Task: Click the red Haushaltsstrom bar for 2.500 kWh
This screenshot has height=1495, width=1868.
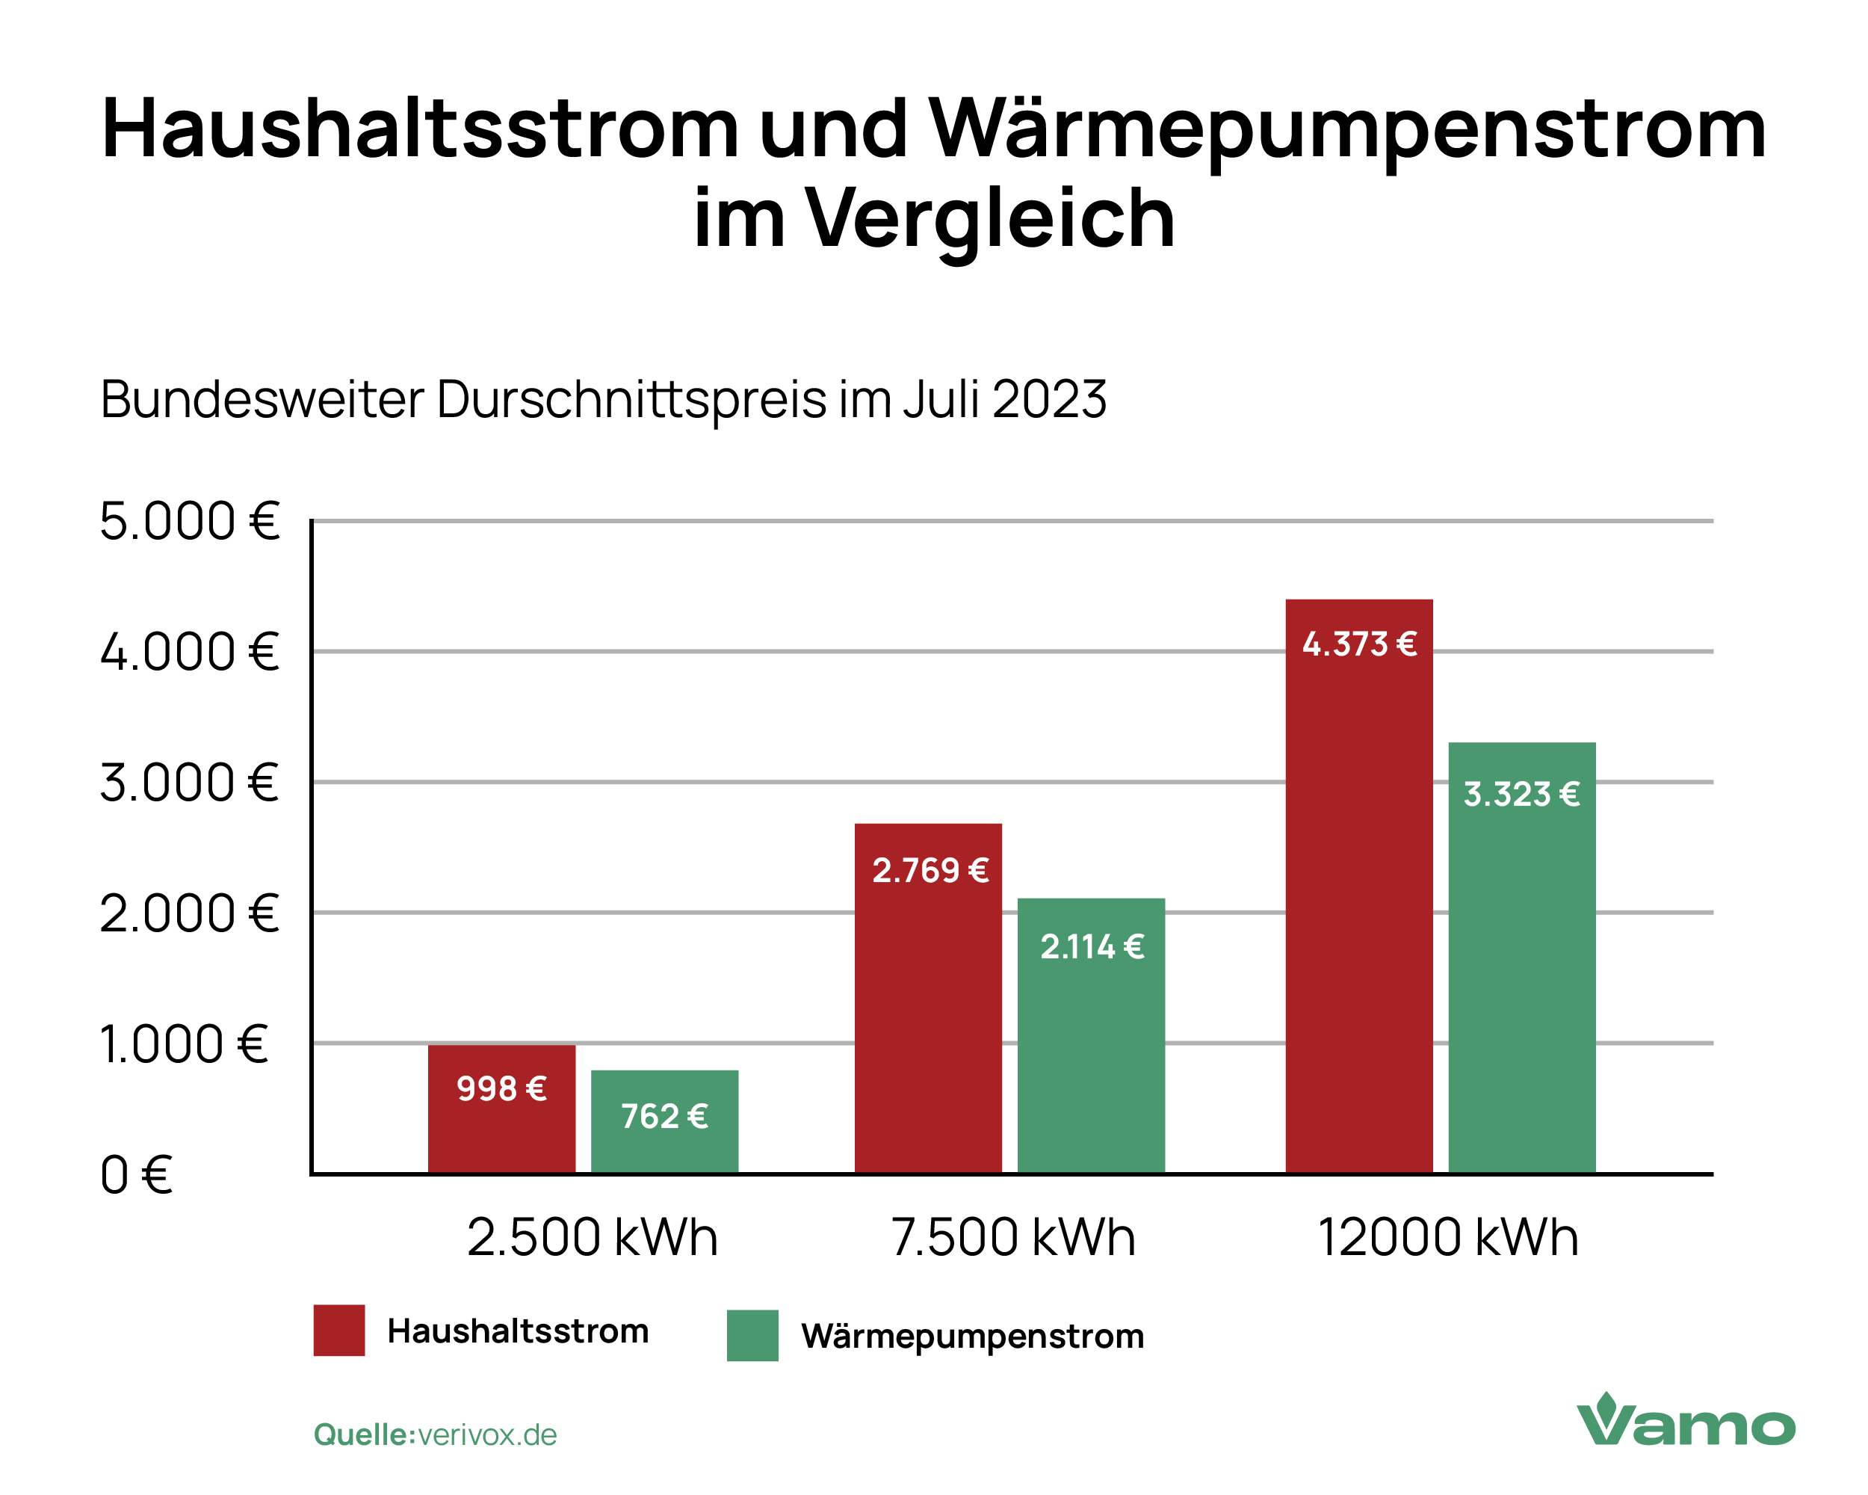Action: pyautogui.click(x=501, y=1126)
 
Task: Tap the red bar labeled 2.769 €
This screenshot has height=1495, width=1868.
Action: pyautogui.click(x=928, y=1023)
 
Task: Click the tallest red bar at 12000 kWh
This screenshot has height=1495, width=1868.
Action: pyautogui.click(x=1358, y=910)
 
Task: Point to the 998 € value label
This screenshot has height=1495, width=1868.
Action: pyautogui.click(x=501, y=1088)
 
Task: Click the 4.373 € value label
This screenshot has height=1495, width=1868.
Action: pyautogui.click(x=1359, y=644)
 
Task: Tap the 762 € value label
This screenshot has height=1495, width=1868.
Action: pyautogui.click(x=664, y=1116)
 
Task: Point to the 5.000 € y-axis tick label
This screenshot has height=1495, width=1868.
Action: pyautogui.click(x=190, y=522)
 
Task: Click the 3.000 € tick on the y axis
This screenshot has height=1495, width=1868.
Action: pyautogui.click(x=190, y=783)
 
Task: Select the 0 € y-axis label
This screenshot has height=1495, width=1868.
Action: pyautogui.click(x=136, y=1175)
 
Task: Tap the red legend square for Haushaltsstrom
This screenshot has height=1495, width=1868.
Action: pyautogui.click(x=338, y=1330)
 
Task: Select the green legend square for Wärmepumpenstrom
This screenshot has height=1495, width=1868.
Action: pyautogui.click(x=752, y=1335)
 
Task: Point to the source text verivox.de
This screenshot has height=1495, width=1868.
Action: pyautogui.click(x=487, y=1434)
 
